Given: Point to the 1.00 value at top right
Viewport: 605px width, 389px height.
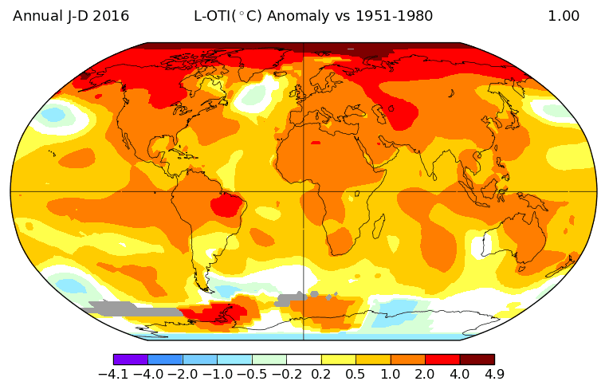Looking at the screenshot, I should [x=564, y=16].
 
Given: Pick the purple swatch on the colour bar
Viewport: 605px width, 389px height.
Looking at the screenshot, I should [x=130, y=360].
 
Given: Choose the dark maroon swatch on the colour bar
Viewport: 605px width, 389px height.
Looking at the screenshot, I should [x=477, y=360].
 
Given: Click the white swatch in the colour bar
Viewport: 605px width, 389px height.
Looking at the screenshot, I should [x=304, y=360].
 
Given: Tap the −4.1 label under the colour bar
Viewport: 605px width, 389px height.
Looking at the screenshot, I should [x=114, y=374].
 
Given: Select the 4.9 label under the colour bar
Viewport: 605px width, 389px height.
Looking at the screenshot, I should [x=494, y=374].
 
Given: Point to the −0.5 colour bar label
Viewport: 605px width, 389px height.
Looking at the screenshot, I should [x=252, y=374].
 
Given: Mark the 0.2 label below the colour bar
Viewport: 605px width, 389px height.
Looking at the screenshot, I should [x=321, y=374].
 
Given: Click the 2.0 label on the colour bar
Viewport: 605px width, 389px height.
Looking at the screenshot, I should [x=425, y=374].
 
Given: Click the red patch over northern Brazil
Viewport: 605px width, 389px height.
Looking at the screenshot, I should [x=230, y=205].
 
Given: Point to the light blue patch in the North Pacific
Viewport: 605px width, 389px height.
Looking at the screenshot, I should [x=53, y=115].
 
